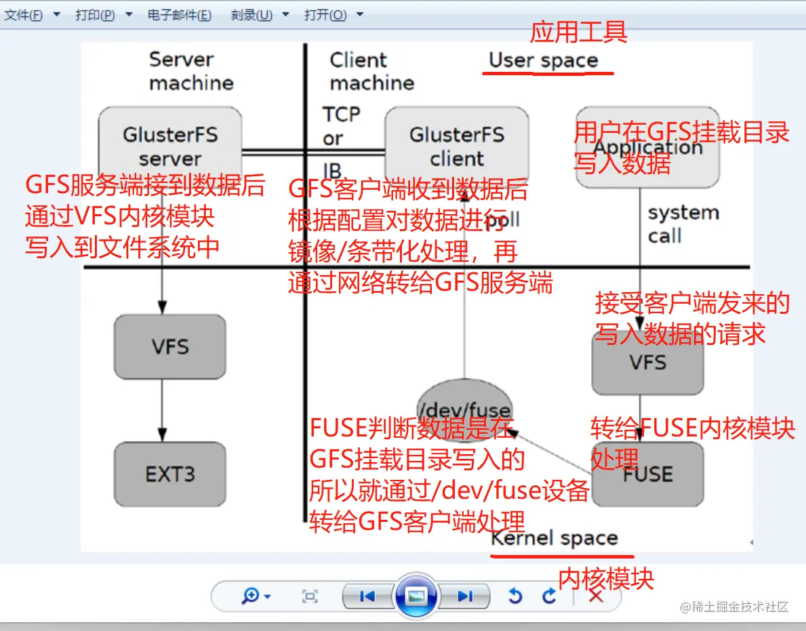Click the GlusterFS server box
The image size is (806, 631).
(x=170, y=145)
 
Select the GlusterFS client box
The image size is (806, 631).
(x=456, y=145)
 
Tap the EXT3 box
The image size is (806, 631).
(x=170, y=474)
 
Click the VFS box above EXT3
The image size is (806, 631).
(x=170, y=346)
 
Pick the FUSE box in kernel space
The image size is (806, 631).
(x=647, y=474)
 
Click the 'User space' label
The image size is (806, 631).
(x=544, y=60)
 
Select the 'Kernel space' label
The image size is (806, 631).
(x=555, y=539)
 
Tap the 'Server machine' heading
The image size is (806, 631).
(x=191, y=71)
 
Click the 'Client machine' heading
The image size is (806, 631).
(x=371, y=71)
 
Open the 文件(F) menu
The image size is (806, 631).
(x=24, y=15)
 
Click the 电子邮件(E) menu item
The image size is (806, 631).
(x=179, y=15)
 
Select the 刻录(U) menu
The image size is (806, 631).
(x=251, y=15)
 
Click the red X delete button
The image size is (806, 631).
(x=596, y=596)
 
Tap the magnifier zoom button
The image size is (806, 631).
(x=251, y=596)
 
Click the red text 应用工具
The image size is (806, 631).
(x=578, y=31)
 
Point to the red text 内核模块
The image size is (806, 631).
(x=606, y=578)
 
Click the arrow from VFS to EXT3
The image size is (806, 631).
(x=162, y=410)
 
